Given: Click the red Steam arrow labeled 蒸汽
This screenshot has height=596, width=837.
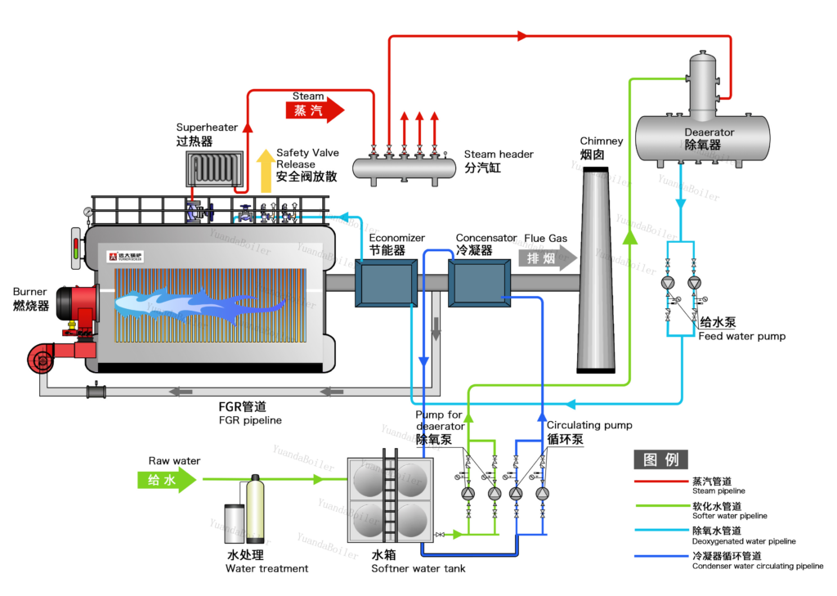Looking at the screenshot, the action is [x=315, y=110].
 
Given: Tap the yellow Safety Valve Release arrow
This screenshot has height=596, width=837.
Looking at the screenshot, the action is [x=266, y=171].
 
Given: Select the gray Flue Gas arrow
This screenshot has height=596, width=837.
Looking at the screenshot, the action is [x=548, y=258].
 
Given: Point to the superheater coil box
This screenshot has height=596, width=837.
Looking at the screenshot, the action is [x=215, y=168].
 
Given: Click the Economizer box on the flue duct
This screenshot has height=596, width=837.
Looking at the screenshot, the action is [x=387, y=283].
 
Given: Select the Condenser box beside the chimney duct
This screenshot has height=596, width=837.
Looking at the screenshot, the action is [x=479, y=283].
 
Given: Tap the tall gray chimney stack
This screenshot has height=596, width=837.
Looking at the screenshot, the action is [x=596, y=270].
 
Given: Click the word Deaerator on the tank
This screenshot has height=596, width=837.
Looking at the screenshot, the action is [x=709, y=132].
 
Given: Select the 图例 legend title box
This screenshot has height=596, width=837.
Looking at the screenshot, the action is [x=660, y=459].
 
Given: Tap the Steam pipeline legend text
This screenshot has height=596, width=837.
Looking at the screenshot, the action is [x=718, y=491].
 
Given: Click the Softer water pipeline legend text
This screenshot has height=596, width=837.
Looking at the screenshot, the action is [x=730, y=516].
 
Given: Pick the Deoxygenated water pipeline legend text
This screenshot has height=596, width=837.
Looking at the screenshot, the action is [x=744, y=541].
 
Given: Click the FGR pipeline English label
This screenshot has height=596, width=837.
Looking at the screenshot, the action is [x=250, y=420].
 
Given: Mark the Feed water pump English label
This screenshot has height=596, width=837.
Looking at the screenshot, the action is [x=742, y=337].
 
